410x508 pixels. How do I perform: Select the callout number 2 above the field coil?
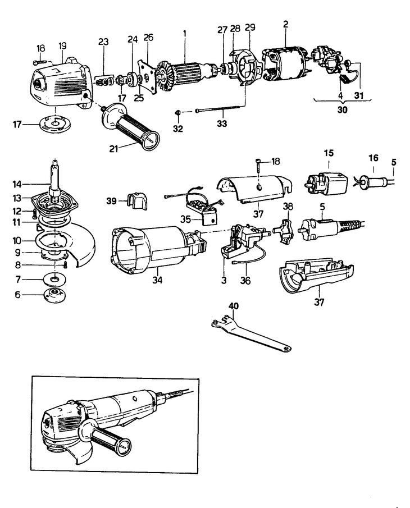click(x=285, y=25)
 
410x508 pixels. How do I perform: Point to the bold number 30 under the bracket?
click(x=342, y=110)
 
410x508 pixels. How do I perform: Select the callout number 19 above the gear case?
click(x=62, y=44)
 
